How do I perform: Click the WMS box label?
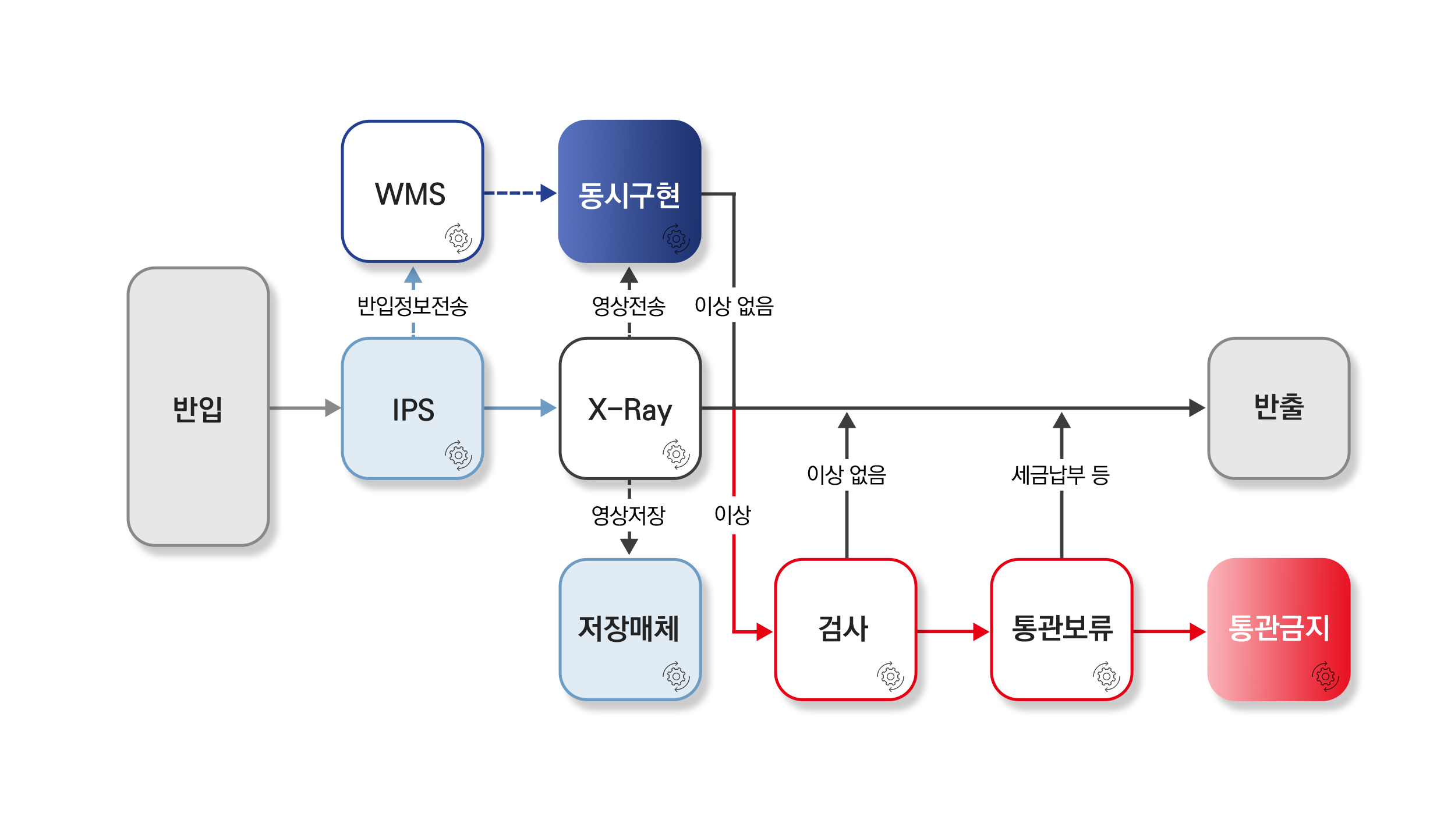coord(410,194)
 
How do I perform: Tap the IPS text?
coord(413,410)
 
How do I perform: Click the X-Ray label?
coord(630,410)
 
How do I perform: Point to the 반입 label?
coord(198,408)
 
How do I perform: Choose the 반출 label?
coord(1279,407)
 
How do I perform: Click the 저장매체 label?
coord(629,628)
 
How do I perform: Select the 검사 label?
coord(844,628)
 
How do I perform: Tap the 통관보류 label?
coord(1062,628)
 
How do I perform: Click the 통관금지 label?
coord(1279,628)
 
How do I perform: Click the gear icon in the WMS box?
coord(459,238)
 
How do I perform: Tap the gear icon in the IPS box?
coord(459,454)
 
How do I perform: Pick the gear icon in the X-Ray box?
coord(676,454)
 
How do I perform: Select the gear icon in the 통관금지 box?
coord(1325,676)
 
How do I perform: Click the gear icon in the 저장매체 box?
coord(676,676)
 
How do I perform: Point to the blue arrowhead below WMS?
coord(413,276)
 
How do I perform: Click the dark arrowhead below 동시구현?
coord(629,276)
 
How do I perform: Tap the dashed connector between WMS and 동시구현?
coord(512,193)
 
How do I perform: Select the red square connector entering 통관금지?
coord(1197,631)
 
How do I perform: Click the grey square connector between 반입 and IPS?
coord(332,407)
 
